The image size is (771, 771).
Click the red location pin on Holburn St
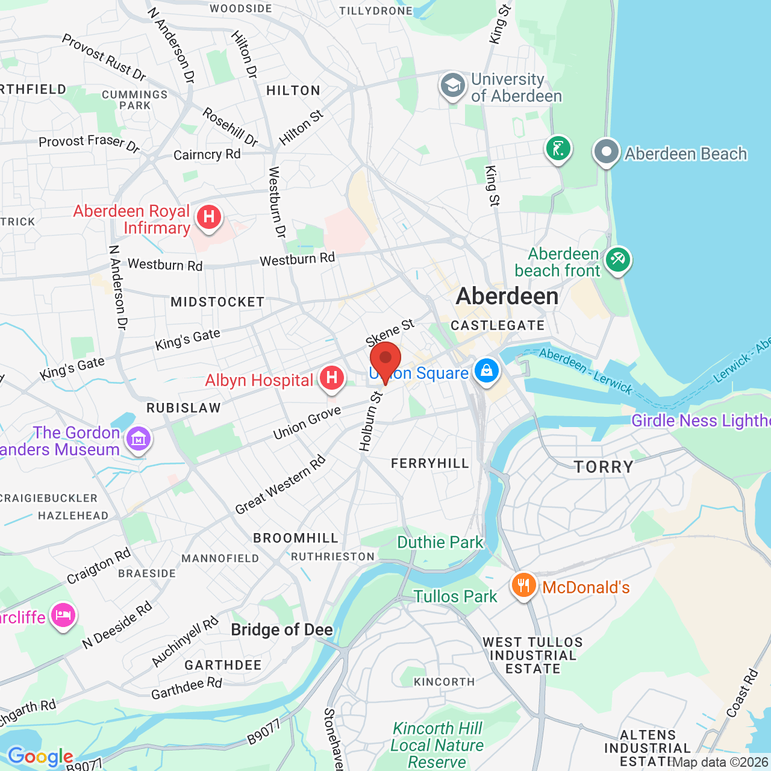tap(385, 360)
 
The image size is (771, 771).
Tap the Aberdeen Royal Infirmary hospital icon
tap(209, 217)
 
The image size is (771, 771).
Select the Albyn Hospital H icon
tap(331, 378)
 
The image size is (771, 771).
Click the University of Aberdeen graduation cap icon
tap(452, 86)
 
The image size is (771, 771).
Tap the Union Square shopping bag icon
tap(487, 370)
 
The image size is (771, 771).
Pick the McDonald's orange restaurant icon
tap(524, 585)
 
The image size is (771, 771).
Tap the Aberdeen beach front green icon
tap(618, 260)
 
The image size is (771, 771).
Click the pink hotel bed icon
tap(63, 616)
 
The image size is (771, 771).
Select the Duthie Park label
tap(440, 542)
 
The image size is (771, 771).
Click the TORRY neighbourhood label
tap(604, 467)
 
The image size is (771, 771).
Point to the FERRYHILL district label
tap(429, 463)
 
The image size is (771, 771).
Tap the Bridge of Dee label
tap(282, 630)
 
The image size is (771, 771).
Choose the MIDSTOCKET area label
tap(217, 302)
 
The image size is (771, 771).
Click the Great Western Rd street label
tap(280, 485)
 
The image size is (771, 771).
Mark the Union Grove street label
tap(307, 422)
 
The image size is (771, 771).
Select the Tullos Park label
tap(455, 596)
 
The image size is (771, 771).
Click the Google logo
tap(40, 757)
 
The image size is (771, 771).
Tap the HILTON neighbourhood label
tap(293, 90)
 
